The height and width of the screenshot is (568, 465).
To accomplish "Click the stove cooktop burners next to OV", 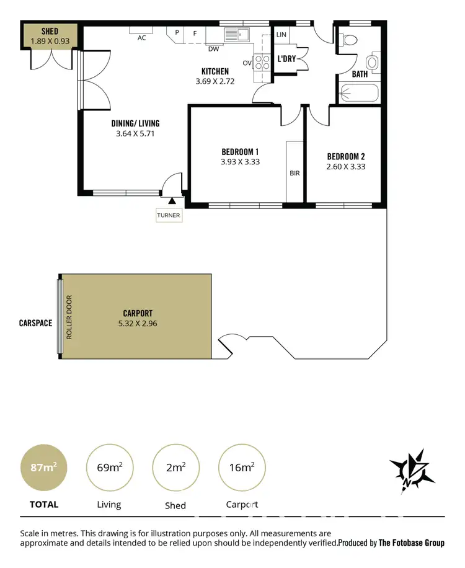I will click(x=261, y=63).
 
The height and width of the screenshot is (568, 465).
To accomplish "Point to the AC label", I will click(x=141, y=37).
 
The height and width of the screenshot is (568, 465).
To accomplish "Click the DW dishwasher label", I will click(x=213, y=49).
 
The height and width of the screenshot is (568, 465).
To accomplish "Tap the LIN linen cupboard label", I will click(x=281, y=35).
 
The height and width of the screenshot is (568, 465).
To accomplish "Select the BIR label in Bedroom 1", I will click(x=294, y=173).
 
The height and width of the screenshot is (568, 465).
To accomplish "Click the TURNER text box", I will click(x=169, y=216).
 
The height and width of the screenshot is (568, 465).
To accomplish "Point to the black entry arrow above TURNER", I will click(x=172, y=201).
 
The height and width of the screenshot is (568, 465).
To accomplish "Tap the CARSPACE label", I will click(x=35, y=323).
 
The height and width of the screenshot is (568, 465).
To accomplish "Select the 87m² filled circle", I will click(x=43, y=467).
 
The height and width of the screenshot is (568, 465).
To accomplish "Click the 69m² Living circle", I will click(x=109, y=467).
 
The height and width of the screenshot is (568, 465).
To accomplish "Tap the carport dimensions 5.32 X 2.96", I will click(x=138, y=323).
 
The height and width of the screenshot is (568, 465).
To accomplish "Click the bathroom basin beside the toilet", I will click(x=372, y=62).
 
